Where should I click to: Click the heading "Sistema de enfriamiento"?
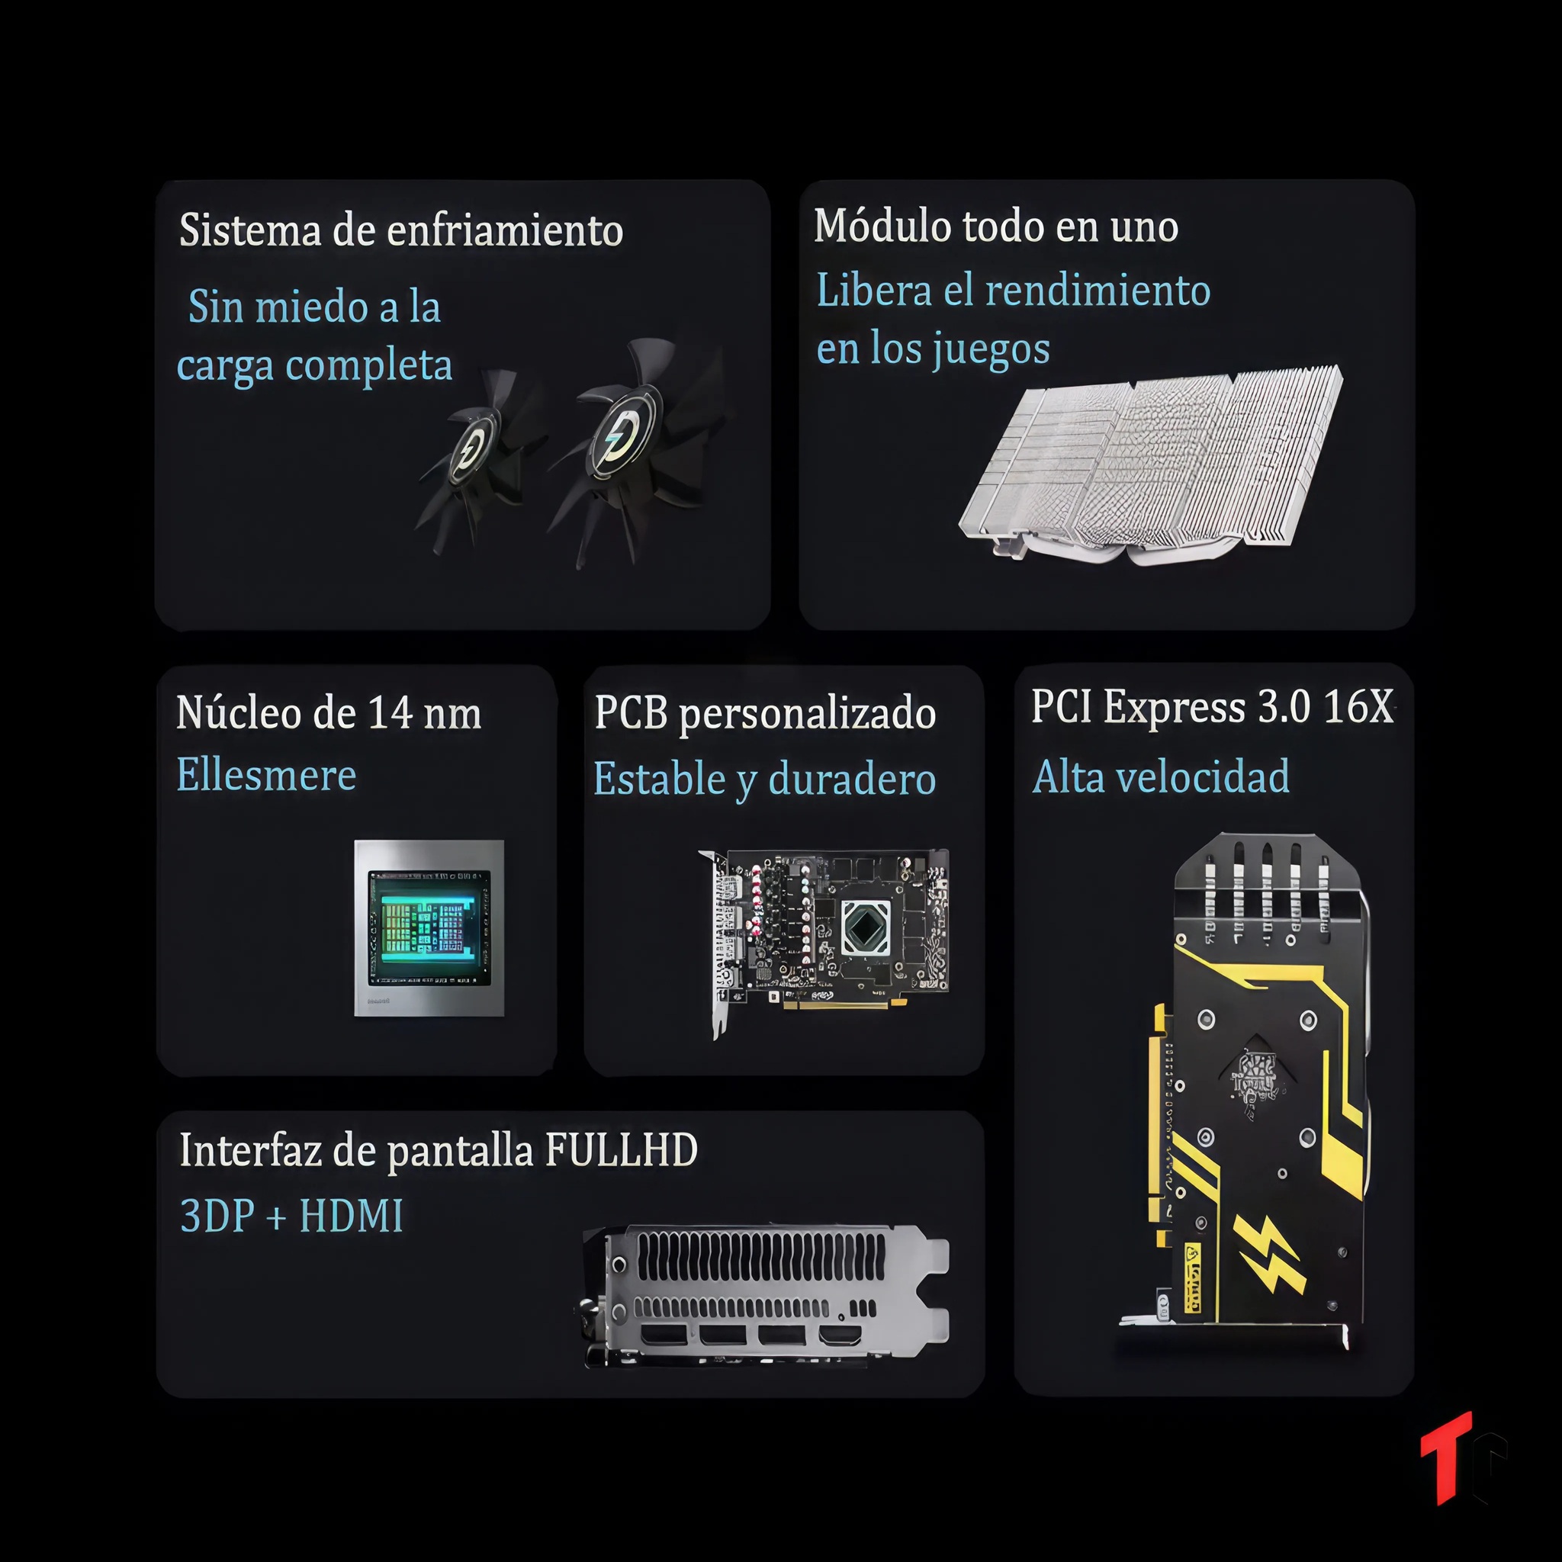tap(401, 230)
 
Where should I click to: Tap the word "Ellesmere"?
tap(267, 775)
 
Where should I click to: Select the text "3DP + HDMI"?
tap(292, 1215)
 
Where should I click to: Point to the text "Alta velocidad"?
tap(1161, 776)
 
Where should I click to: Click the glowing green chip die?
tap(429, 927)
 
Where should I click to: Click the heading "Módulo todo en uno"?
tap(996, 227)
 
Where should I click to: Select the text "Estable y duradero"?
tap(765, 779)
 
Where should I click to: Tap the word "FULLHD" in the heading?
tap(621, 1149)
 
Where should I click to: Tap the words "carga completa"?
tap(314, 366)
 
